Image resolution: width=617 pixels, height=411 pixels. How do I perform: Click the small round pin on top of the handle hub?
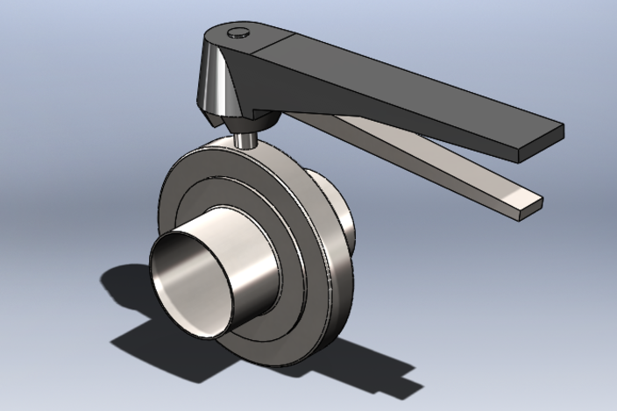click(x=236, y=33)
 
